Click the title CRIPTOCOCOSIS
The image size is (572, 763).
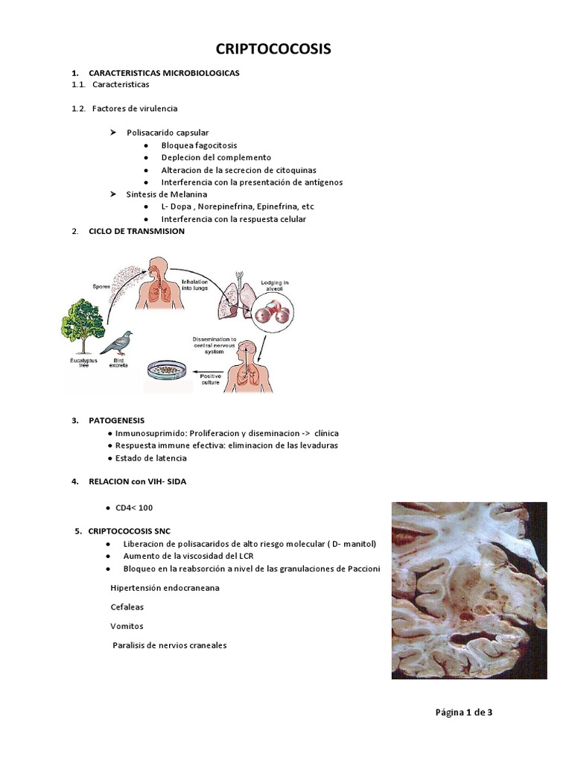(x=273, y=49)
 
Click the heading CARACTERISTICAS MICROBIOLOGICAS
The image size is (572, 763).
(x=164, y=73)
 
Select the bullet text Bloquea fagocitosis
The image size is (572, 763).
(x=199, y=145)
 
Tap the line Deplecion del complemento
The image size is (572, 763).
(x=216, y=157)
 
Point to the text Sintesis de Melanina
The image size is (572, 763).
(x=166, y=194)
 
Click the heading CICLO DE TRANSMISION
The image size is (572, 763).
(x=136, y=231)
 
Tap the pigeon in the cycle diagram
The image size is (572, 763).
(x=117, y=343)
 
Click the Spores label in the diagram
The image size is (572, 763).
(x=103, y=285)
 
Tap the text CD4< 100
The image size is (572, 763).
(x=134, y=507)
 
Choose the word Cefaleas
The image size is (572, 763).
(x=127, y=607)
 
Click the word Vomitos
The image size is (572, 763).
(x=127, y=626)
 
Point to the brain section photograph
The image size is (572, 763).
(x=469, y=590)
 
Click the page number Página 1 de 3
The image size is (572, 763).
(x=464, y=712)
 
